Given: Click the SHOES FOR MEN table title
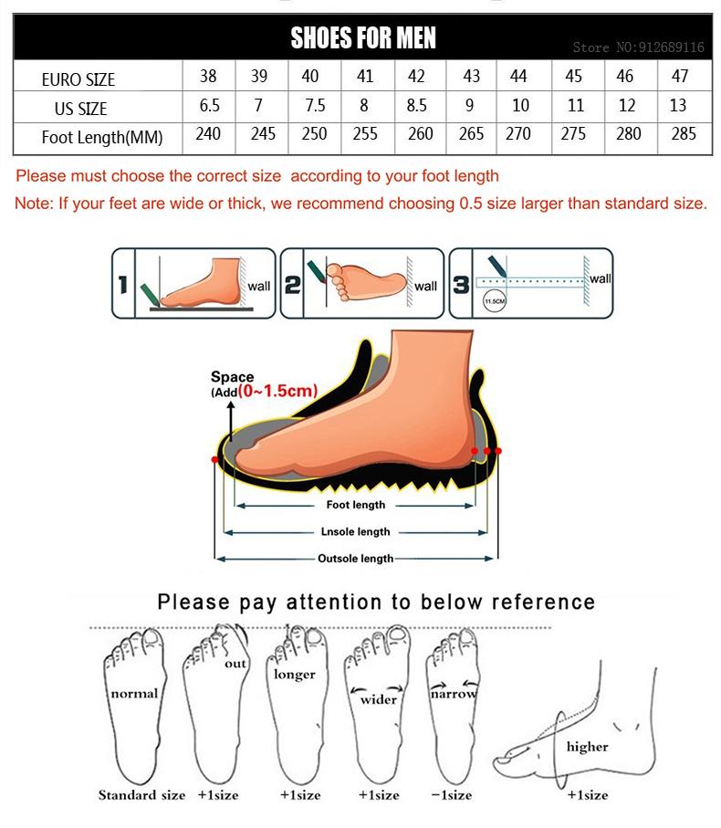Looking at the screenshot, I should click(x=362, y=37).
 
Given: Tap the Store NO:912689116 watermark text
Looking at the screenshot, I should click(x=638, y=47).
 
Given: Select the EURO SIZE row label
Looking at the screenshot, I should click(x=78, y=79).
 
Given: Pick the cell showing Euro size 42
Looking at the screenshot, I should click(x=416, y=77).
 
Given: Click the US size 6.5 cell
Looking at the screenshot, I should click(x=209, y=105).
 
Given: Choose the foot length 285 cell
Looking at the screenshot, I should click(x=683, y=134).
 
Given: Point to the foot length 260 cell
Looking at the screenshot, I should click(x=420, y=134).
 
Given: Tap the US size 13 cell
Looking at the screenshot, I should click(x=678, y=105).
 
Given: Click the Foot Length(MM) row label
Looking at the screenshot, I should click(x=102, y=138).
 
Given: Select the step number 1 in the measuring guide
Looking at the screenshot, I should click(x=122, y=285).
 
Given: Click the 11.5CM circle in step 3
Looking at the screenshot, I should click(x=495, y=299).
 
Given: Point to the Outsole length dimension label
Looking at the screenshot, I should click(x=355, y=559).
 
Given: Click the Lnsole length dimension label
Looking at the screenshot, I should click(x=355, y=531).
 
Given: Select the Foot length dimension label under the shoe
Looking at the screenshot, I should click(x=355, y=505).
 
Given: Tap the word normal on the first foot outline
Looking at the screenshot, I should click(x=134, y=693).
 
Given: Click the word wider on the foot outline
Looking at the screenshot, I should click(x=378, y=700).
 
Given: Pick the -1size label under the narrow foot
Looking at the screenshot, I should click(x=454, y=795).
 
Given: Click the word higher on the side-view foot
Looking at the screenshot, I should click(x=587, y=747).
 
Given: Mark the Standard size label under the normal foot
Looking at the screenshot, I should click(x=141, y=795).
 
